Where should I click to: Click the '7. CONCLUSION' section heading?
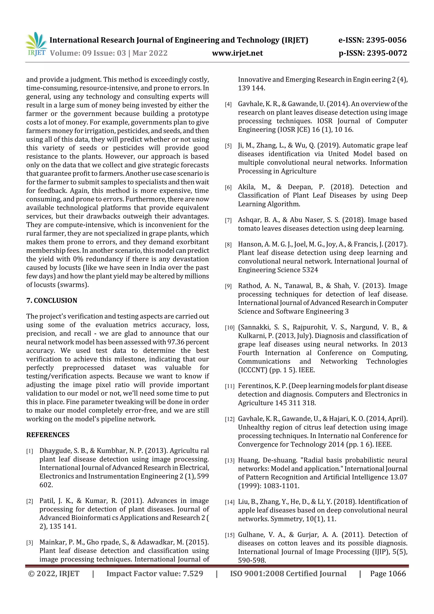[52, 300]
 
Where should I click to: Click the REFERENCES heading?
[48, 435]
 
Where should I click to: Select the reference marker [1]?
[30, 451]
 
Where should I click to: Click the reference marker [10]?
[230, 328]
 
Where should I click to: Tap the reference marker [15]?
[230, 535]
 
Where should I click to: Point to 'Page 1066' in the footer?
[388, 574]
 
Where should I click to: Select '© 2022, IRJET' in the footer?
[54, 574]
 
